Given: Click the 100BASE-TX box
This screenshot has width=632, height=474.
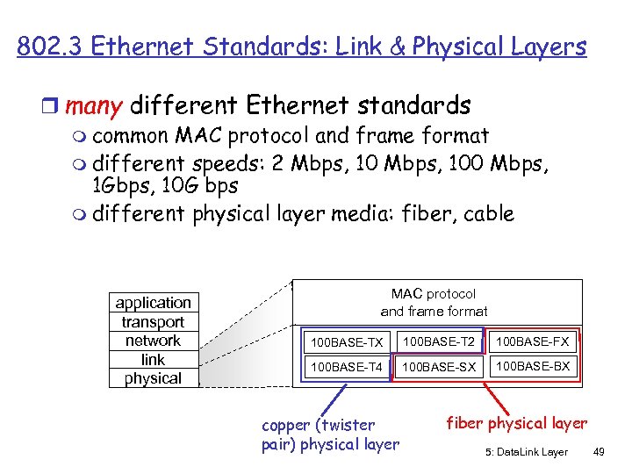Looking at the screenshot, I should click(x=347, y=341).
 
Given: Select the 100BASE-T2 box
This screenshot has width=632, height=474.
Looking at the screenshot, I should click(x=439, y=341).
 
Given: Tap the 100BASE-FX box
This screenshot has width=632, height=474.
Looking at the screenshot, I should click(x=533, y=341).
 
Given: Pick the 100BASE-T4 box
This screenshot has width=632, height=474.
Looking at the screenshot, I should click(x=347, y=366).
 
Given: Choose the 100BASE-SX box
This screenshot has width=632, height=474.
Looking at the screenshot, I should click(x=439, y=366).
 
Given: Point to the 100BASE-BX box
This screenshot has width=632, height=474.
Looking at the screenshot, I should click(x=533, y=365).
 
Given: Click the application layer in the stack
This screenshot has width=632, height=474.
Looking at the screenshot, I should click(x=153, y=303).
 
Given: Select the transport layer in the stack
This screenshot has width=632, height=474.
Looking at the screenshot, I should click(x=153, y=322).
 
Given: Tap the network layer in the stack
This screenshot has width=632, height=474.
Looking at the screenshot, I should click(x=153, y=341).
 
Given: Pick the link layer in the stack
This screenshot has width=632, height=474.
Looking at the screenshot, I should click(x=153, y=360).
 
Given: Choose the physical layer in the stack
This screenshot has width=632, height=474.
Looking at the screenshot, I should click(x=153, y=378).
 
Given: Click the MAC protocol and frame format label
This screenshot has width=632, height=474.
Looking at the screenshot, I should click(x=434, y=302).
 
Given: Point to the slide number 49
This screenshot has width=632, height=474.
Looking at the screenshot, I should click(x=600, y=451).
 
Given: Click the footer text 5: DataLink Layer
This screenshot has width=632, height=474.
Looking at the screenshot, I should click(x=525, y=451).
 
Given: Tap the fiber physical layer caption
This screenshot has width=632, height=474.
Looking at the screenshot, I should click(x=517, y=424).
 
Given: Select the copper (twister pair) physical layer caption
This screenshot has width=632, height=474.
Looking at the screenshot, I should click(x=330, y=434).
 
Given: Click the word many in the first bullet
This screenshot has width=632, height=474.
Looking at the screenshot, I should click(x=94, y=106).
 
